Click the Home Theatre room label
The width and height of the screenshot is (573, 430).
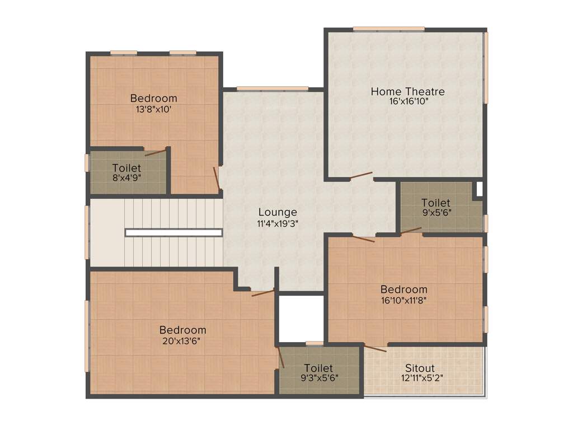[407, 91]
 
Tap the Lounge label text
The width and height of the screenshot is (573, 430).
[278, 212]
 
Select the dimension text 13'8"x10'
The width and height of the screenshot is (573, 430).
[153, 109]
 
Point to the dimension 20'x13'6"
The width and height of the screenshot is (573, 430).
[182, 340]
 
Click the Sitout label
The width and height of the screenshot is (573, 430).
[420, 368]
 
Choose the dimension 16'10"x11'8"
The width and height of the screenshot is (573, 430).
[404, 300]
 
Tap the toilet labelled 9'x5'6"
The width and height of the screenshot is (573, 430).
[436, 207]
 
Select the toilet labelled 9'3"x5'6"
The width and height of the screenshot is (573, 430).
[318, 372]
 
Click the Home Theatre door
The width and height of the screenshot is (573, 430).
[361, 176]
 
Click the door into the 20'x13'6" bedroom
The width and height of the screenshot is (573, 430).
[262, 292]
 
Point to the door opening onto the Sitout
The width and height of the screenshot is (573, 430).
[375, 348]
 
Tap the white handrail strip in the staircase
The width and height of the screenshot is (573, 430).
[173, 232]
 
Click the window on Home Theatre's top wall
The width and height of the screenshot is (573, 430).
[388, 29]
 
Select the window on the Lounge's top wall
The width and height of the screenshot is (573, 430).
[272, 88]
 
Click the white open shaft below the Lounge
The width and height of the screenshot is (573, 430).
[301, 317]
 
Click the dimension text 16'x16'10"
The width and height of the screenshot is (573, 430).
[407, 102]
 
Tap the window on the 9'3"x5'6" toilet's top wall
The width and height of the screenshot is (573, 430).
[314, 343]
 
